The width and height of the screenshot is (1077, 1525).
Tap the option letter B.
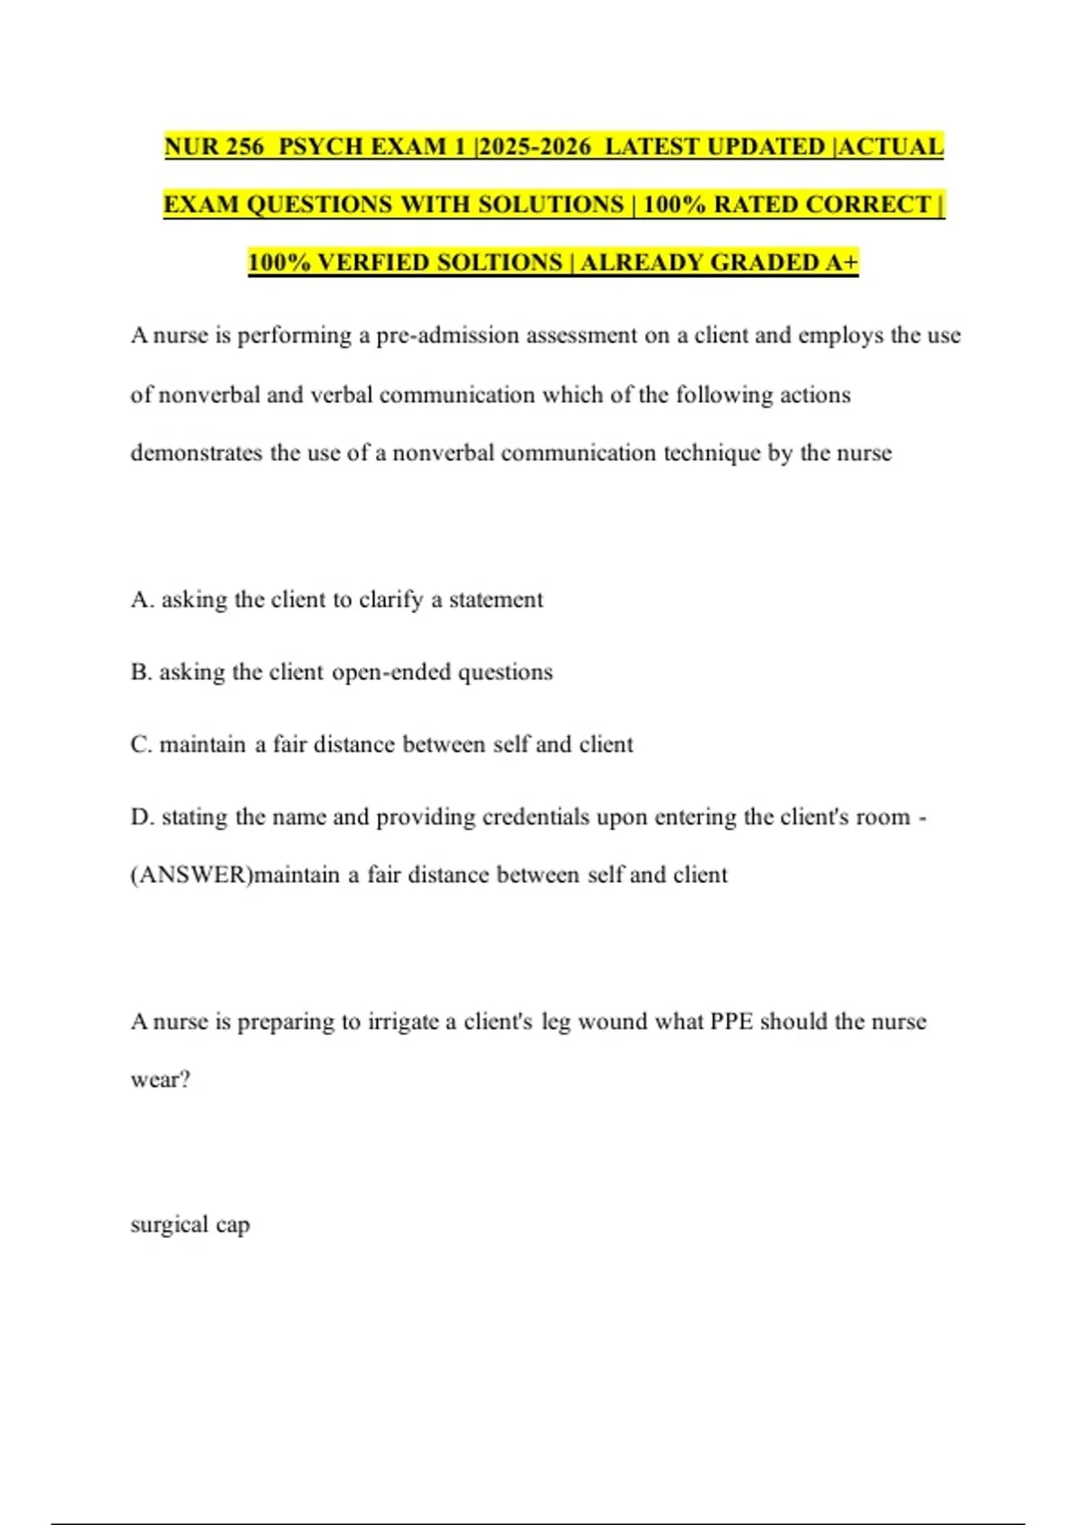(x=141, y=672)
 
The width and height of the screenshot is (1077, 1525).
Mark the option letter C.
(x=141, y=745)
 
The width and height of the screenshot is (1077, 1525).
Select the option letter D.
(x=141, y=817)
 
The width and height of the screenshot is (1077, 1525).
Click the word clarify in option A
(x=390, y=599)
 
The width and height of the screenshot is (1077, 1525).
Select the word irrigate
(x=403, y=1022)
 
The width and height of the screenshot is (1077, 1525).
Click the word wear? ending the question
(x=161, y=1079)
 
